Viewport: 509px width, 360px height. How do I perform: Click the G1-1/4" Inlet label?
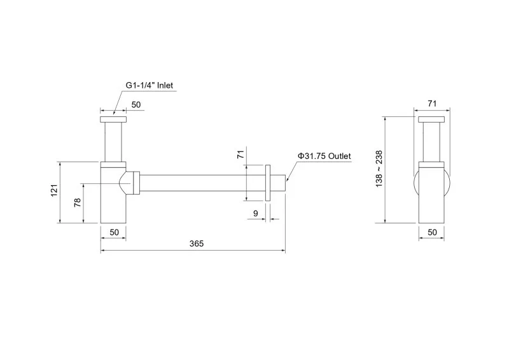150,85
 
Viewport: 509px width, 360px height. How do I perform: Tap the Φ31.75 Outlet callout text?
324,156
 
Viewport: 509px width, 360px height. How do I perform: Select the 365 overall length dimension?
197,244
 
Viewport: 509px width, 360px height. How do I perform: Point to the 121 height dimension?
54,190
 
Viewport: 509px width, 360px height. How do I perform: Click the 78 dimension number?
77,202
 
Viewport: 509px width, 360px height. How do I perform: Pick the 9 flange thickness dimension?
256,213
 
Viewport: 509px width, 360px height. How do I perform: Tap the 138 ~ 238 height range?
379,169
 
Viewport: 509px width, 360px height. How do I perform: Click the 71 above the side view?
432,104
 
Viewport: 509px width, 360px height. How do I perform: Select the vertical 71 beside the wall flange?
241,154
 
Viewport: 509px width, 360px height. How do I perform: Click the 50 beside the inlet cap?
136,104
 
